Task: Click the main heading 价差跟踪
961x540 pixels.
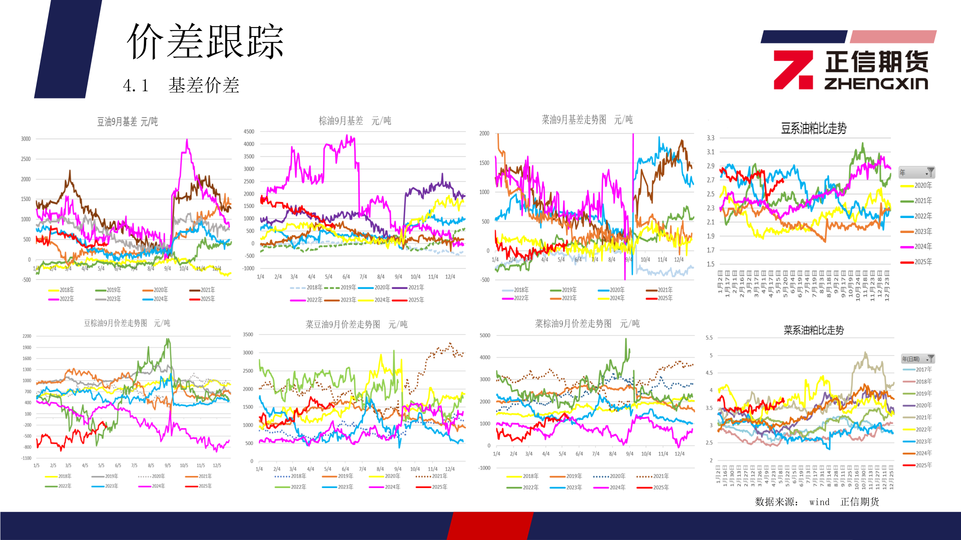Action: pos(205,42)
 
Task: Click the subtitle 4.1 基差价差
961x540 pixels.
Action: pos(181,85)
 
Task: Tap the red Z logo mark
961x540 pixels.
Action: pos(793,69)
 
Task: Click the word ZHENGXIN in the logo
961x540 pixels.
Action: pos(876,83)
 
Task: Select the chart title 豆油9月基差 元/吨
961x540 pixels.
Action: pos(127,121)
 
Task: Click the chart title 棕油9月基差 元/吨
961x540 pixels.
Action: pos(355,121)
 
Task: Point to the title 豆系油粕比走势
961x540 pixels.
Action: pos(813,128)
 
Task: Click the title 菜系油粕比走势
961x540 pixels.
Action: pos(813,330)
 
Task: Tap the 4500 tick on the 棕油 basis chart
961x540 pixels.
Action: pos(249,131)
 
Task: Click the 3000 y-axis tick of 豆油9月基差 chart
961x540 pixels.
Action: pos(26,139)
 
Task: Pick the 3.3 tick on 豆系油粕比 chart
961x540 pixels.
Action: pos(710,138)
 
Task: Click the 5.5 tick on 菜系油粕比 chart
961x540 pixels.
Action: pos(709,338)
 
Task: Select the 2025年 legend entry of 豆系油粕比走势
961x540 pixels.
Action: pos(916,262)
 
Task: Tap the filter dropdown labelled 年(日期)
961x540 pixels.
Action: pos(917,359)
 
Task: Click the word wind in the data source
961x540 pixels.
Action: pos(819,502)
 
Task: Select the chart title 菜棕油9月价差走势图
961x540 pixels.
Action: pos(587,324)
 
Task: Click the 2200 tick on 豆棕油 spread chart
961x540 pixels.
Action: pos(27,336)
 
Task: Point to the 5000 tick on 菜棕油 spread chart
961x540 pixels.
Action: pos(485,335)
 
